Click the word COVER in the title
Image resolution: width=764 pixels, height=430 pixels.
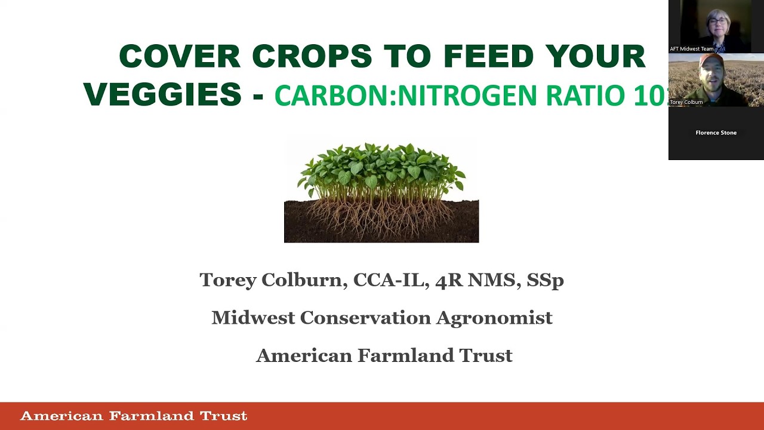[180, 57]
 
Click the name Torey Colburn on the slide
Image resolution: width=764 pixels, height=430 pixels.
[273, 279]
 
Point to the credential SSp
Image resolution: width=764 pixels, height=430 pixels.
[545, 279]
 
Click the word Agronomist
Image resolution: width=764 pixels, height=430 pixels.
[494, 318]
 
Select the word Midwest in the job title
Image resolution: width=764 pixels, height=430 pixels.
[253, 318]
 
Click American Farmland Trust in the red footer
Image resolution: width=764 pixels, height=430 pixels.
[134, 416]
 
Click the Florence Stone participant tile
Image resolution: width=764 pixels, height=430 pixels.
[716, 133]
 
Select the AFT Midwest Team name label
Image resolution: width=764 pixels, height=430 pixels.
[691, 49]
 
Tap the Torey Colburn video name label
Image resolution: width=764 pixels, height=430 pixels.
[686, 102]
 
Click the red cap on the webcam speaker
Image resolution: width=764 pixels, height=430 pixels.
[710, 60]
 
